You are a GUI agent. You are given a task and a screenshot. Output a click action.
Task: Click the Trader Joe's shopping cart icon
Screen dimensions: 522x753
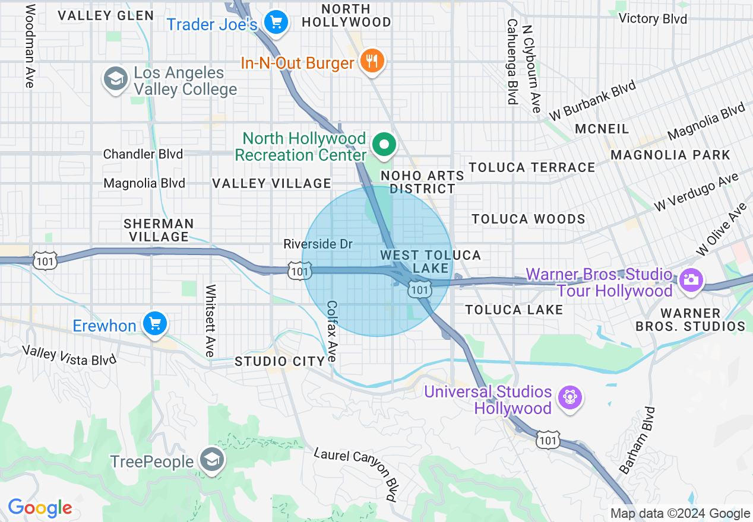276,23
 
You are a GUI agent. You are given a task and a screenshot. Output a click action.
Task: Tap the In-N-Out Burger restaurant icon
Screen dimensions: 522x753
372,62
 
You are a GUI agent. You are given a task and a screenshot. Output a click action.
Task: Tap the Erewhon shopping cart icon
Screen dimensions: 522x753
155,324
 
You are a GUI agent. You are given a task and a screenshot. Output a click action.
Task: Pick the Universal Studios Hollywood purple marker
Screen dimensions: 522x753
570,397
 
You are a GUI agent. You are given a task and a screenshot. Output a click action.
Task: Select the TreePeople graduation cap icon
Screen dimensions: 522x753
211,461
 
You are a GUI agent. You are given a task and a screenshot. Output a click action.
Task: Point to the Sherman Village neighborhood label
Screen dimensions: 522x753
159,230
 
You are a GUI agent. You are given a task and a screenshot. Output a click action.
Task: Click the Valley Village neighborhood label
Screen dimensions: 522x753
271,184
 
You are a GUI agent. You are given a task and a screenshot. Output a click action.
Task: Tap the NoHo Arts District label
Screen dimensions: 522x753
422,182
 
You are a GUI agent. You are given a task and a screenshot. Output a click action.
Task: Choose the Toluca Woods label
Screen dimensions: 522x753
529,219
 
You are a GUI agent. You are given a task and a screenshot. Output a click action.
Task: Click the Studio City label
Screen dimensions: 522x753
280,361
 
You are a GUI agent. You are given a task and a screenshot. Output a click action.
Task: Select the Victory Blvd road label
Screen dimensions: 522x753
652,19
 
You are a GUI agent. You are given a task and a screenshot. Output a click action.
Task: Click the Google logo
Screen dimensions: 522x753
40,508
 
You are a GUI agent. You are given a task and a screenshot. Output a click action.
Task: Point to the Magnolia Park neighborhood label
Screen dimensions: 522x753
670,155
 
